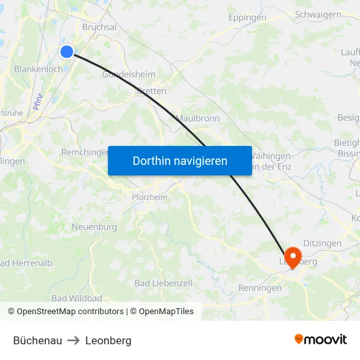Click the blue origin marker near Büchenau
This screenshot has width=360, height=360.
67,52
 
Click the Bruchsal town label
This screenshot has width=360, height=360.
99,27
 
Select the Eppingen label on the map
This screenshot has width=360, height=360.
247,18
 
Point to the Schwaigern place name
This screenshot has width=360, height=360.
319,14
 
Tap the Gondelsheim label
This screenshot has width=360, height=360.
129,75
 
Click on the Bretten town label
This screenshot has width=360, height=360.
151,92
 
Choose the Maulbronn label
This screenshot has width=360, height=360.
198,118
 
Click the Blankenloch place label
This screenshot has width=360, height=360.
38,69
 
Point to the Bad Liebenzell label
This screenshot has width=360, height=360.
163,283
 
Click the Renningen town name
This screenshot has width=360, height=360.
260,287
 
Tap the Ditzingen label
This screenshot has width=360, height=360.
322,243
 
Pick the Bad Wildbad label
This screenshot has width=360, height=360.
77,298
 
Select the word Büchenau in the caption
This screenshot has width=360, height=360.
37,340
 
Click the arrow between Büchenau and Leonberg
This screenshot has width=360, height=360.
73,340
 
